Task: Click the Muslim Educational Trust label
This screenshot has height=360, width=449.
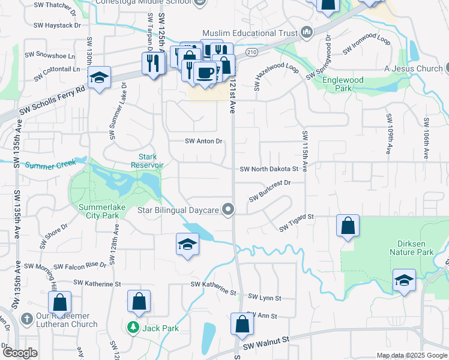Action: tap(251, 32)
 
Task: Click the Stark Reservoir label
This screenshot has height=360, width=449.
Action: tap(147, 161)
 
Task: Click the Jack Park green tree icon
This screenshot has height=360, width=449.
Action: tap(133, 328)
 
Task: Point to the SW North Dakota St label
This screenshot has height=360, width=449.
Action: tap(269, 170)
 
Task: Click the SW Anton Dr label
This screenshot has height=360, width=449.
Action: tap(203, 142)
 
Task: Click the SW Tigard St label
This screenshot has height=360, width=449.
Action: tap(297, 222)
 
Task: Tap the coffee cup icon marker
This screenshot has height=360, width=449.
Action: tap(205, 73)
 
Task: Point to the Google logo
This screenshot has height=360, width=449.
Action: tap(20, 353)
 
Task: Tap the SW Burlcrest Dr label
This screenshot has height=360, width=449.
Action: tap(270, 188)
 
